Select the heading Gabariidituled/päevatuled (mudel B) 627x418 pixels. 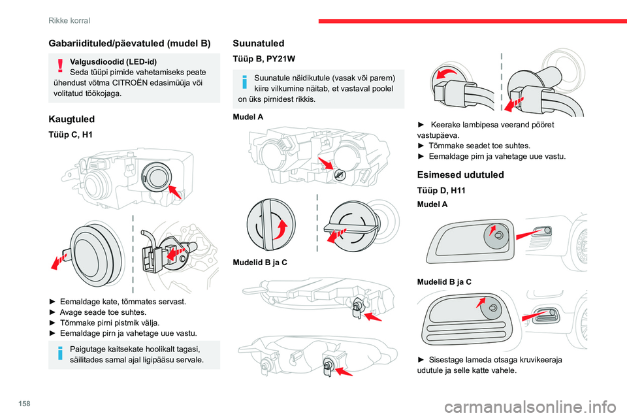pyautogui.click(x=129, y=43)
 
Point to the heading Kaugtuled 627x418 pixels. pyautogui.click(x=72, y=119)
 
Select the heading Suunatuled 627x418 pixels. pyautogui.click(x=259, y=43)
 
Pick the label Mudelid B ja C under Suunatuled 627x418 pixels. pyautogui.click(x=259, y=262)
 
